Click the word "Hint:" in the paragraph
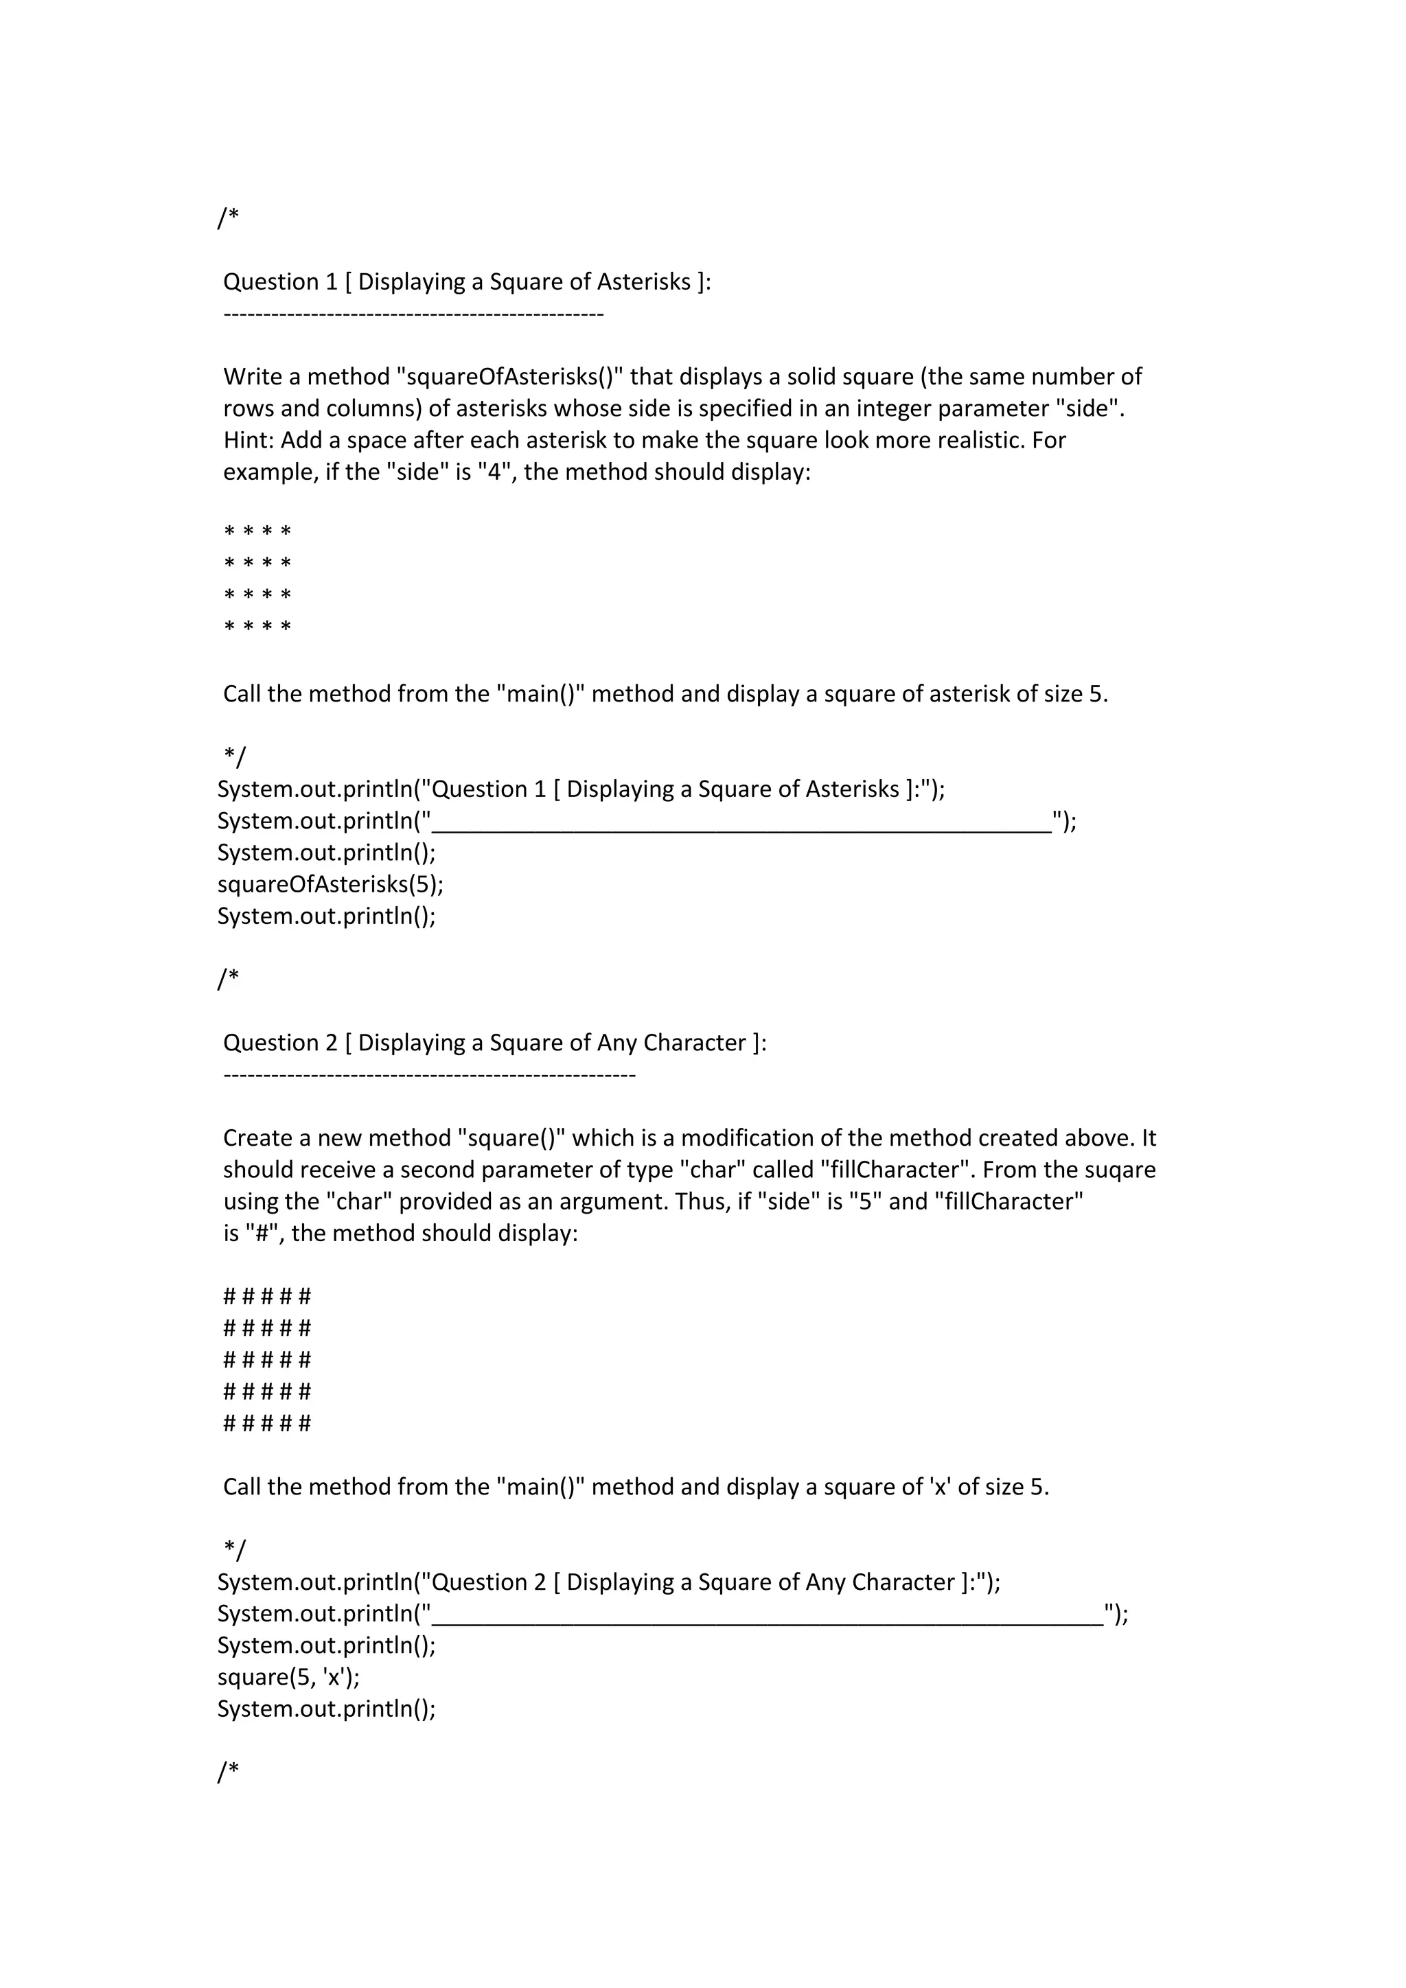point(249,441)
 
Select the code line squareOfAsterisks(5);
point(330,884)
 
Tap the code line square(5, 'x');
point(288,1677)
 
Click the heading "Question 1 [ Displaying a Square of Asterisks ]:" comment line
point(467,281)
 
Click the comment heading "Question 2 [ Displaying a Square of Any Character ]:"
point(494,1043)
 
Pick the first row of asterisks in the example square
point(257,531)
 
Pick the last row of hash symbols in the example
point(266,1424)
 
